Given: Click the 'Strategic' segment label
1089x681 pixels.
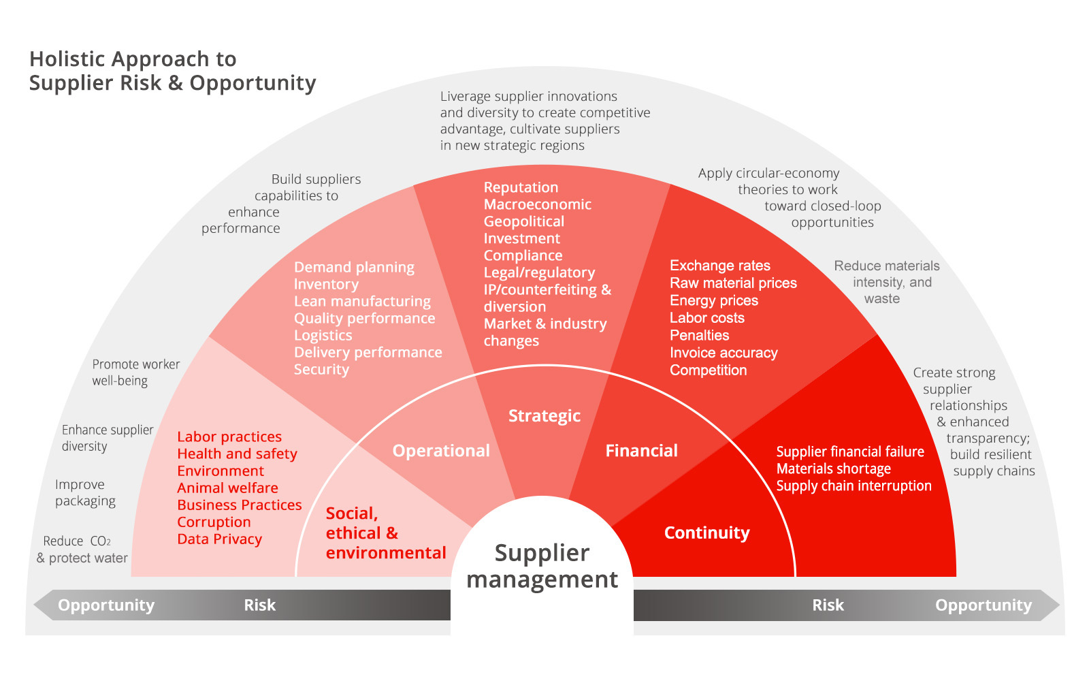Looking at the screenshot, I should coord(544,416).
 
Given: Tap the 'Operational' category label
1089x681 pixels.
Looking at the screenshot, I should coord(441,451).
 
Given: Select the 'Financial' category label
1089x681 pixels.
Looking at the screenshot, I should coord(641,451).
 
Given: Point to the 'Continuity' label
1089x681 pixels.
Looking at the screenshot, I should coord(706,533).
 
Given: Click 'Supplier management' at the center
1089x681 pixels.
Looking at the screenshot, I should coord(542,566).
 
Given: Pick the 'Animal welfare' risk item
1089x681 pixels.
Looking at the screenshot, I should coord(227,488).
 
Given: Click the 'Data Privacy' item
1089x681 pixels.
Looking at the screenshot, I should coord(219,539).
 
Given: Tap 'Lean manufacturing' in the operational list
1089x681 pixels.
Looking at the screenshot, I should coord(362,301).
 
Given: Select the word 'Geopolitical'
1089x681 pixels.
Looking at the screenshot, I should coord(523,221).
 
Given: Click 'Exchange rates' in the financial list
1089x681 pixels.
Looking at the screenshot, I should coord(719,266).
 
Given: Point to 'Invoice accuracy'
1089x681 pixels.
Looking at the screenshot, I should coord(724,353).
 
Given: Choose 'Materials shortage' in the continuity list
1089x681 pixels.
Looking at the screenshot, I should coord(833,469).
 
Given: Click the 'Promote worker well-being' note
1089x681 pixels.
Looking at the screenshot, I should coord(135,373).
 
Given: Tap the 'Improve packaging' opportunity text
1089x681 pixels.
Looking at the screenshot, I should coord(85,493).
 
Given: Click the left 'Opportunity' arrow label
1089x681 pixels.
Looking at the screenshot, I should coord(106,605).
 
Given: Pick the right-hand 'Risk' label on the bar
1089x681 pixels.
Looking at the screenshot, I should coord(828,605).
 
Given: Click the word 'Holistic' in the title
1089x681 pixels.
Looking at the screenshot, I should coord(68,60).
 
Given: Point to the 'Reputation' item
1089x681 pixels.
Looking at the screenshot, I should coord(521,187).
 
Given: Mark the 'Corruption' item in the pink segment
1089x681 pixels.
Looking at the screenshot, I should coord(214,522).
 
